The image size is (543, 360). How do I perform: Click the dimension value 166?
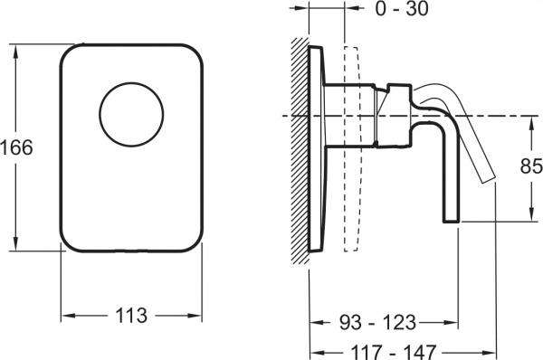16,147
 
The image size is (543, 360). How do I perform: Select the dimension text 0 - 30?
402,9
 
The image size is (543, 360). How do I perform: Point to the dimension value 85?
531,166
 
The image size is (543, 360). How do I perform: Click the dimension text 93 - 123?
377,323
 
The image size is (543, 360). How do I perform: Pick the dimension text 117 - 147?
393,352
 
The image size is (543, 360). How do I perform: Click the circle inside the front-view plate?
131,115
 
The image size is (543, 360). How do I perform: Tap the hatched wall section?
300,149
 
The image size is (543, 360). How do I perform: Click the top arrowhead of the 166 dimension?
15,52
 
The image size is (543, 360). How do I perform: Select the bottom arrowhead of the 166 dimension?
15,243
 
